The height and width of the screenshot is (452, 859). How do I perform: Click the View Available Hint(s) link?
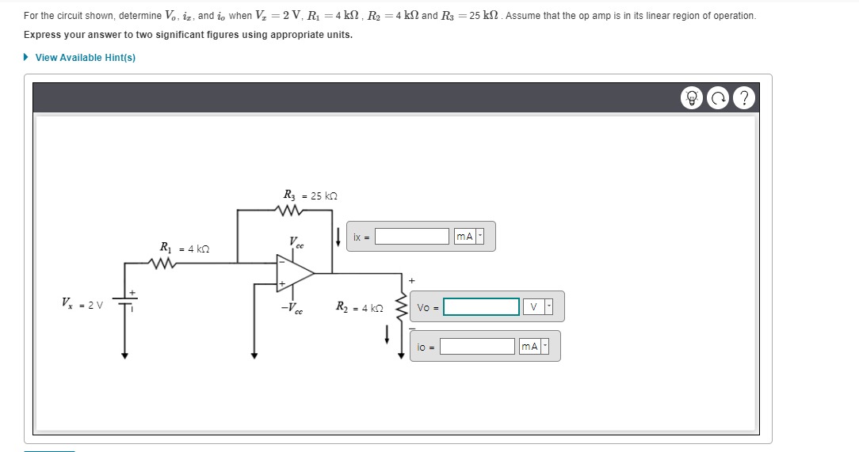click(85, 58)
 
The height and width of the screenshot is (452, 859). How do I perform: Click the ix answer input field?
click(412, 237)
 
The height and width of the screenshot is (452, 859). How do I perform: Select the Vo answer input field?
click(481, 307)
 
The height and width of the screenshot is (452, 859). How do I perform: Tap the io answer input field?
click(477, 347)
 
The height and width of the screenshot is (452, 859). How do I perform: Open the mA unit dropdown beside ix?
click(468, 237)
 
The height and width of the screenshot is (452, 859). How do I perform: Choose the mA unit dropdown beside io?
click(533, 347)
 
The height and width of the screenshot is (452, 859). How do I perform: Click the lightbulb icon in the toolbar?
click(693, 98)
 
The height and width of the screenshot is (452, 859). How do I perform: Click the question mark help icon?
click(743, 98)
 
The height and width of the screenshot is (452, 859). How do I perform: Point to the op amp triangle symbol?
click(293, 272)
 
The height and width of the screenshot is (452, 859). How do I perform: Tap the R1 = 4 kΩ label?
click(185, 248)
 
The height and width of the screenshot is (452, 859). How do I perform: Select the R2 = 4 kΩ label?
click(360, 307)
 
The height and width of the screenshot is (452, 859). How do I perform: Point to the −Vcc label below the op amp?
click(292, 308)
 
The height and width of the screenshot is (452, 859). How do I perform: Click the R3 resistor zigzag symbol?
click(287, 211)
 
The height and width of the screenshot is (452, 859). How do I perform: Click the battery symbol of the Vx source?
click(124, 300)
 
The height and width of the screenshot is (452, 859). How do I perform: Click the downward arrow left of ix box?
click(339, 237)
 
